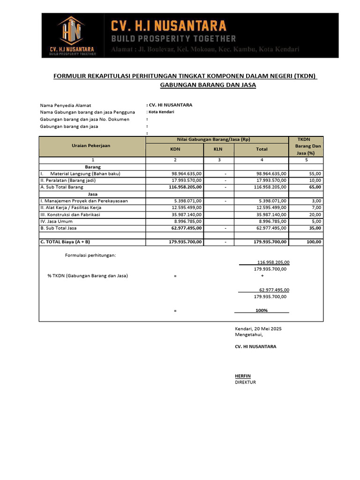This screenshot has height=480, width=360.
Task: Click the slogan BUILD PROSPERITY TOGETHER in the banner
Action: (x=173, y=38)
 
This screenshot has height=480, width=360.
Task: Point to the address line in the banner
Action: (x=205, y=50)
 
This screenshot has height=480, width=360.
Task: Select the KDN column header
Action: (x=174, y=149)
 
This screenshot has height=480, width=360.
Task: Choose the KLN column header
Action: (x=218, y=149)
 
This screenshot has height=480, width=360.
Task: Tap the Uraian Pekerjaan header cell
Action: (x=91, y=146)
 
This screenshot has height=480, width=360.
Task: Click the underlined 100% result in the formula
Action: (x=262, y=310)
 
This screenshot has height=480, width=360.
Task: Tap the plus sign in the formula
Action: (x=262, y=276)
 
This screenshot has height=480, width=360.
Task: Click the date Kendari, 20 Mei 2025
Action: (x=262, y=328)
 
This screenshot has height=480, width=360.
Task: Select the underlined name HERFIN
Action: (x=243, y=376)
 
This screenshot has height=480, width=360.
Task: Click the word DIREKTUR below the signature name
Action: (x=245, y=382)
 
